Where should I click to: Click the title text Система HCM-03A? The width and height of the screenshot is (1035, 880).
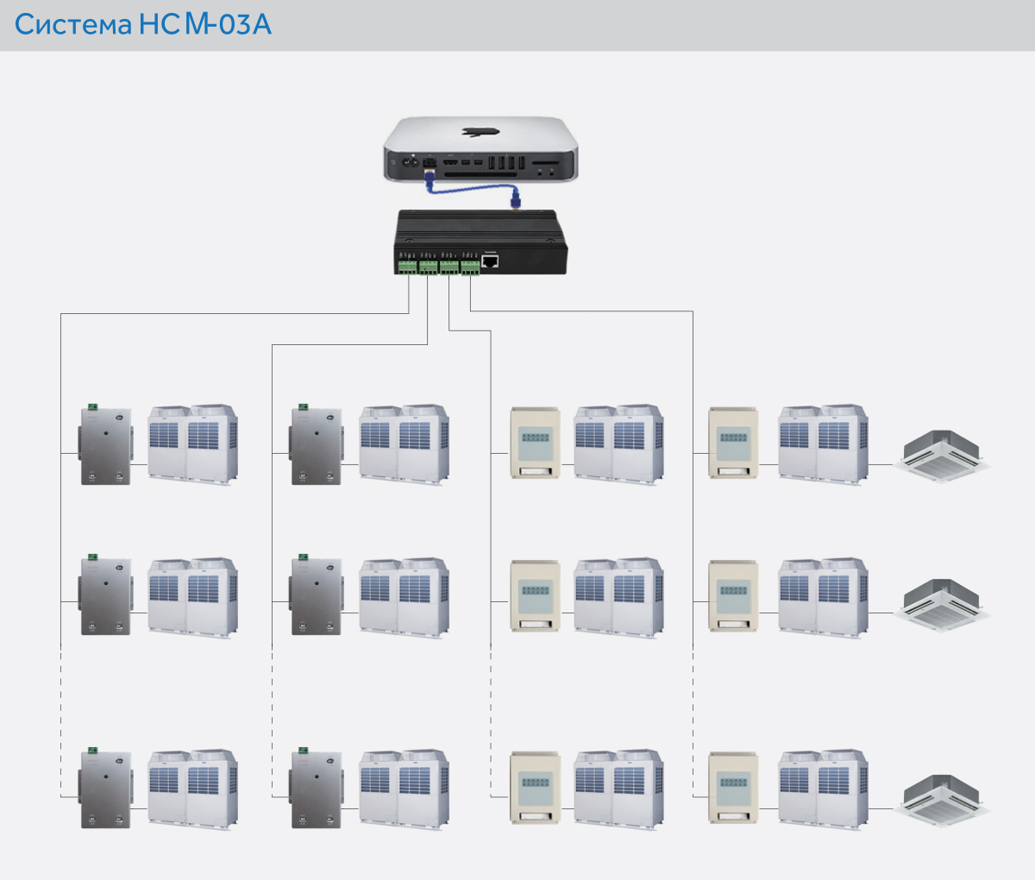pos(143,24)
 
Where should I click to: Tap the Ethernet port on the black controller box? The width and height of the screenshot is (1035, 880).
pos(490,261)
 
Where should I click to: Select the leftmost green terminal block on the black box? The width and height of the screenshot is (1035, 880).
pos(406,267)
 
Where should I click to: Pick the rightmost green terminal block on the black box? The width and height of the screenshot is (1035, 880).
pos(470,267)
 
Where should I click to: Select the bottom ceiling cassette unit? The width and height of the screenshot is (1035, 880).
pos(941,798)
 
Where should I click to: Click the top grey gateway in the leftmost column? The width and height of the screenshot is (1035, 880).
pos(106,446)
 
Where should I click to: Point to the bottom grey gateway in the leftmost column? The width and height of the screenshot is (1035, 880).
pos(106,789)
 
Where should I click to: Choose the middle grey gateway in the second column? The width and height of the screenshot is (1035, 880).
pos(317,596)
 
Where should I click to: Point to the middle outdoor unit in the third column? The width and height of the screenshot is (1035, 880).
pos(618,596)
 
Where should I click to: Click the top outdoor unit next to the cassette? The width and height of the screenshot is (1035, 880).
pos(823,443)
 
